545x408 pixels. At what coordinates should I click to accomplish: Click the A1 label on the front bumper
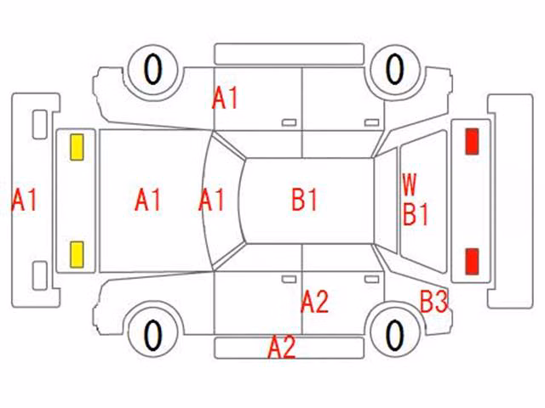[24, 201]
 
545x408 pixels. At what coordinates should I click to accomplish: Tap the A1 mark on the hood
[147, 200]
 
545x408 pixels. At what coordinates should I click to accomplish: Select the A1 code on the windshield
[211, 200]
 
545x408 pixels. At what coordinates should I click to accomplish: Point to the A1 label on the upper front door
[225, 99]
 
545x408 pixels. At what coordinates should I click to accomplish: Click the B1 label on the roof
[305, 200]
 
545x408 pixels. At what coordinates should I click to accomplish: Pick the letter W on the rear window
[410, 185]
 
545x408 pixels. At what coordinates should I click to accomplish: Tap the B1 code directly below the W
[416, 214]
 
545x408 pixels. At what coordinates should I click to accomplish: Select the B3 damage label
[434, 302]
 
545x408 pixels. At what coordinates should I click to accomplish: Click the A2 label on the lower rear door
[314, 302]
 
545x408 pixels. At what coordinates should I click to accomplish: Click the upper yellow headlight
[77, 147]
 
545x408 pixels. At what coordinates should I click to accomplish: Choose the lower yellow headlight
[77, 255]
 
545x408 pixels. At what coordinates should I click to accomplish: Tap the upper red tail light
[472, 141]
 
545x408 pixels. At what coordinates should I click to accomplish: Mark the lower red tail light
[472, 261]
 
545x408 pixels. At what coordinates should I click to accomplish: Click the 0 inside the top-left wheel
[153, 70]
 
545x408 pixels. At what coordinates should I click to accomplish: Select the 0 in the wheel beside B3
[395, 335]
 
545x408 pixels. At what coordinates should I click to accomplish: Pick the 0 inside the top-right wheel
[395, 69]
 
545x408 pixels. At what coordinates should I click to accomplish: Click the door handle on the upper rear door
[371, 122]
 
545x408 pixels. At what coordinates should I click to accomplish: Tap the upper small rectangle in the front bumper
[40, 125]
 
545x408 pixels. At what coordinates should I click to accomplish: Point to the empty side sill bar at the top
[290, 54]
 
